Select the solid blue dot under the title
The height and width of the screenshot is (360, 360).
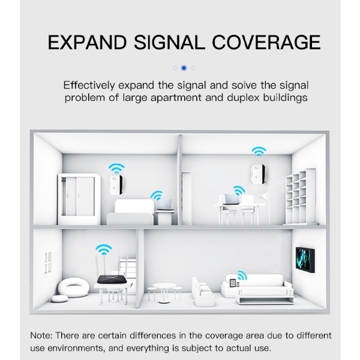184,68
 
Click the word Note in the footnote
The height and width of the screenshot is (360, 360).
42,335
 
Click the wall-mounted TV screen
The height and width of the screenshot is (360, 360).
304,259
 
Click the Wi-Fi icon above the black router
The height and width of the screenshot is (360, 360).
104,249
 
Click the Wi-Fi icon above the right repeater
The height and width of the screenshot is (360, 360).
259,151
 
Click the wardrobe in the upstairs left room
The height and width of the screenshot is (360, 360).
79,199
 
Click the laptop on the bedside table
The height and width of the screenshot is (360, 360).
164,205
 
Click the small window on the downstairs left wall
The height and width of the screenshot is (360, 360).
48,262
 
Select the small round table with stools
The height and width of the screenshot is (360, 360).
164,289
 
